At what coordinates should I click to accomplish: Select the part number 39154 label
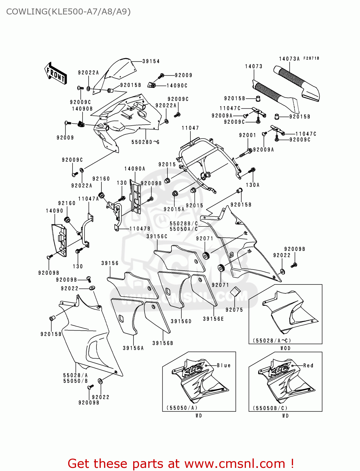click(151, 61)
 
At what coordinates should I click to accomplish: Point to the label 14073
click(254, 66)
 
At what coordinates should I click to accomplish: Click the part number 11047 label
click(190, 128)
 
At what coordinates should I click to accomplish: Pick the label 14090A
click(135, 169)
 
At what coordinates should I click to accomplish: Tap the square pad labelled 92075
click(235, 292)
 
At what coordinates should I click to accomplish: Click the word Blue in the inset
click(224, 365)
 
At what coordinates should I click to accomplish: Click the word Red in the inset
click(308, 365)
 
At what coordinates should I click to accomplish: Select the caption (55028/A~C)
click(272, 340)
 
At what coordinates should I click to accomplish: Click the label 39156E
click(213, 319)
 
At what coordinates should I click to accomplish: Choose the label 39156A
click(133, 348)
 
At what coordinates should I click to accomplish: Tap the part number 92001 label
click(248, 135)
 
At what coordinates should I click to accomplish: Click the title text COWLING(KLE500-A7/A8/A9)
click(68, 12)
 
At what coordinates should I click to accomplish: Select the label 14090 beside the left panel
click(55, 211)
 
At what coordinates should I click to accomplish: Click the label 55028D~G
click(145, 142)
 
